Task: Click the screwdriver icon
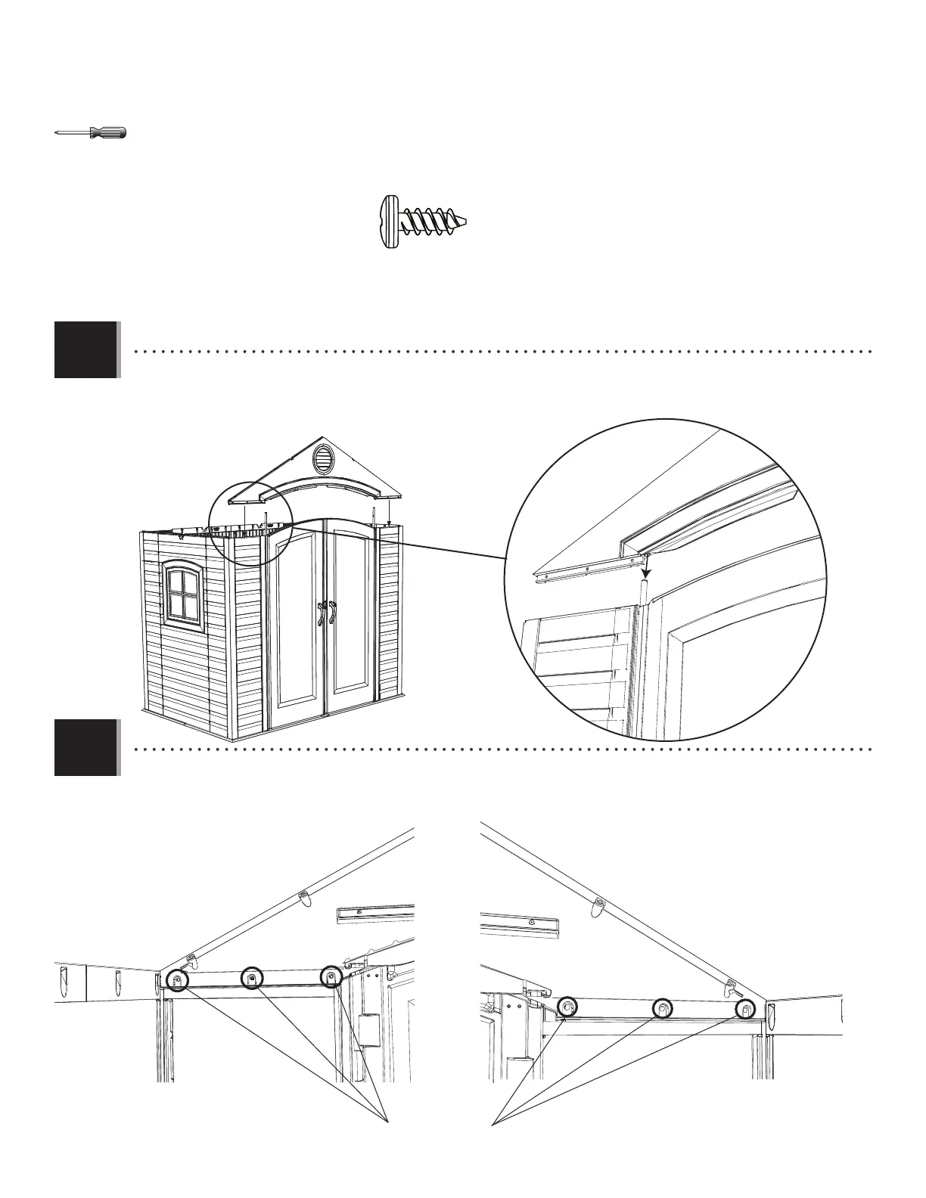[91, 133]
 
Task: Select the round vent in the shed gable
[323, 459]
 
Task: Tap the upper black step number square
[85, 349]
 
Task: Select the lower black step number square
[85, 747]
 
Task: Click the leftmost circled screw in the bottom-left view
[177, 980]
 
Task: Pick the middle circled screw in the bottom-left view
[252, 979]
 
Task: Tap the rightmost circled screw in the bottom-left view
[331, 977]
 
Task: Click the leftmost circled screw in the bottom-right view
[567, 1006]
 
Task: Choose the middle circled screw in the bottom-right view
[662, 1007]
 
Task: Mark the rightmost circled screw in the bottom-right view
[746, 1008]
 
